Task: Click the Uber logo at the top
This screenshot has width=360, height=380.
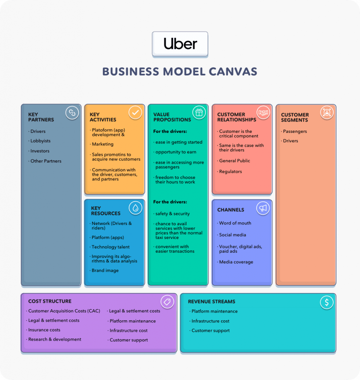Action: tap(180, 44)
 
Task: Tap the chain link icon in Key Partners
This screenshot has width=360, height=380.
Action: tap(72, 113)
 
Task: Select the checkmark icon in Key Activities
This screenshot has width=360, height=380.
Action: tap(135, 113)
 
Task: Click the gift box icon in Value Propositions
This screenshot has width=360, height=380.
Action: tap(199, 113)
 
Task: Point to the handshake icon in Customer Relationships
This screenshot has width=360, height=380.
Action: tap(263, 113)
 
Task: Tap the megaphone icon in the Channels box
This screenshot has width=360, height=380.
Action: tap(263, 208)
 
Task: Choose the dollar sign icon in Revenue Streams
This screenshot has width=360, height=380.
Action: tap(327, 302)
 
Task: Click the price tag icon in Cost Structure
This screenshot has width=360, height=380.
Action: tap(167, 302)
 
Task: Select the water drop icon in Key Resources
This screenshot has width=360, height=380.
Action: tap(135, 208)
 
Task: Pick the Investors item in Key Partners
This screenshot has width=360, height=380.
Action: tap(40, 151)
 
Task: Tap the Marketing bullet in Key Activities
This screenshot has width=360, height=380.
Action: tap(102, 144)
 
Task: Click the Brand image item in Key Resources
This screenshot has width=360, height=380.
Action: tap(105, 271)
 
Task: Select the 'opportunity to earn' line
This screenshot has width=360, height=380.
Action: tap(175, 152)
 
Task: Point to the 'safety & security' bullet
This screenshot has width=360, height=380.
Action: tap(172, 214)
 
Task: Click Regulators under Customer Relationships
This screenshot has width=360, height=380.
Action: tap(230, 171)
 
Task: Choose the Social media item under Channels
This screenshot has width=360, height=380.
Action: tap(232, 235)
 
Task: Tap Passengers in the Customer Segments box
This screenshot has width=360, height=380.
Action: tap(295, 131)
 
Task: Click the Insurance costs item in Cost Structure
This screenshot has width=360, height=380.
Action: tap(44, 330)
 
